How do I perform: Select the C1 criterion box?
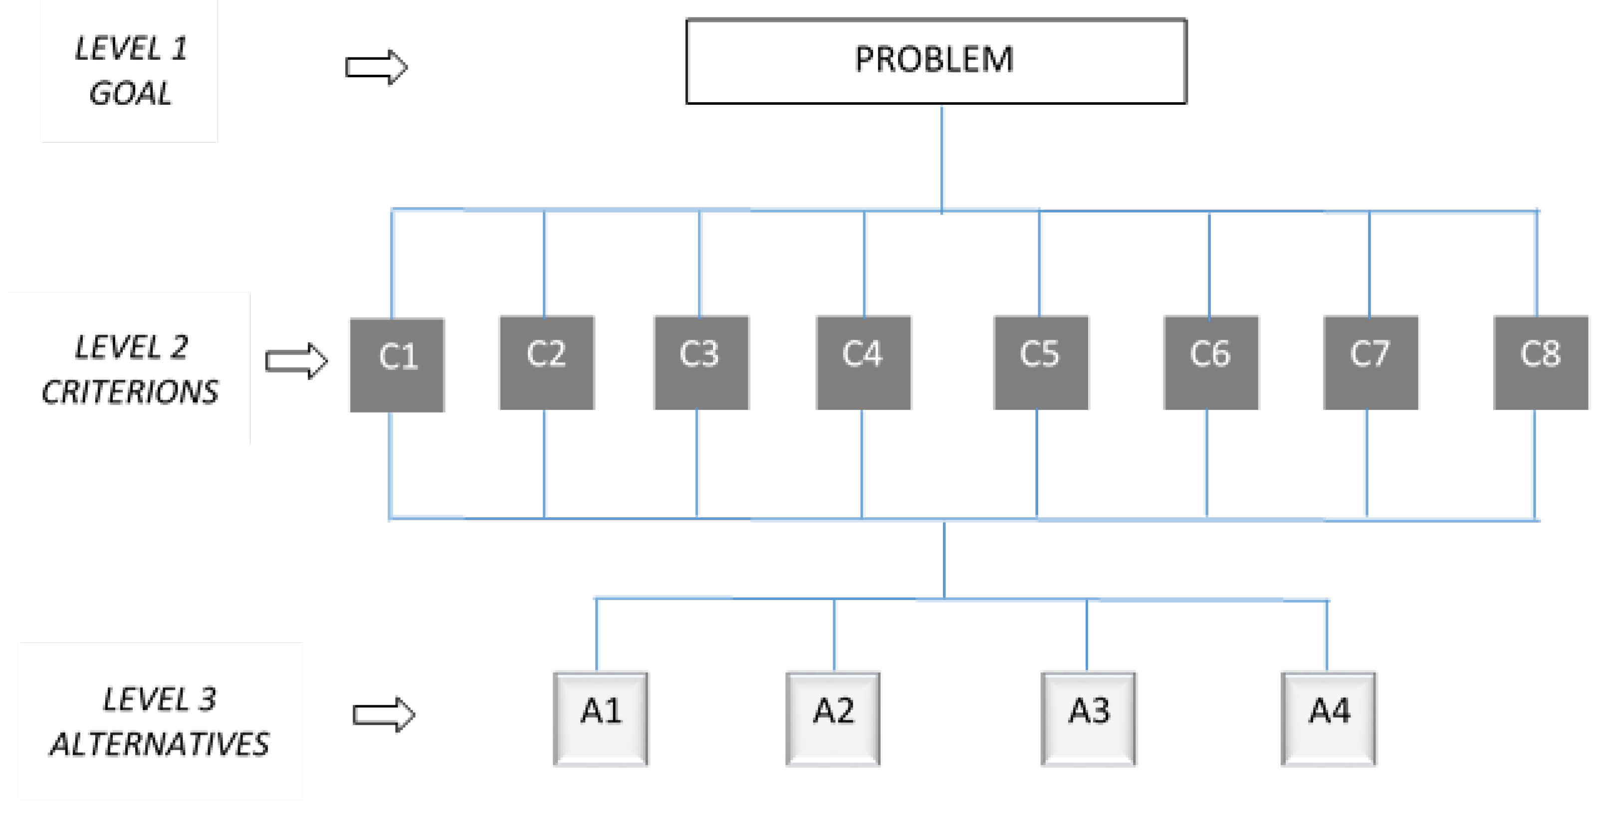(x=397, y=365)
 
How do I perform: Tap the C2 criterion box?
(x=547, y=362)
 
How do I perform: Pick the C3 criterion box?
(x=701, y=362)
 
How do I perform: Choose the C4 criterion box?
(x=863, y=362)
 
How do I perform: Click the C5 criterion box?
(x=1041, y=362)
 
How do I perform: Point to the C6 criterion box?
(x=1211, y=362)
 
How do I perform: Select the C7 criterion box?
(x=1371, y=362)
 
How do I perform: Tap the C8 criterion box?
(x=1541, y=362)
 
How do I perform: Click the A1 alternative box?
(x=601, y=718)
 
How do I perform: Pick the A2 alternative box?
(x=833, y=718)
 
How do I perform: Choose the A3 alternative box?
(x=1089, y=718)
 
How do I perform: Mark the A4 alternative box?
(x=1328, y=718)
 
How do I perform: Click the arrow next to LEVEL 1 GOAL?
(x=376, y=67)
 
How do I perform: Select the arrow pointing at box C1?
(x=296, y=361)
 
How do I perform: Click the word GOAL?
(x=130, y=94)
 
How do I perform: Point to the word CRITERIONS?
(x=130, y=392)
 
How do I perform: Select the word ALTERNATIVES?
(x=159, y=744)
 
